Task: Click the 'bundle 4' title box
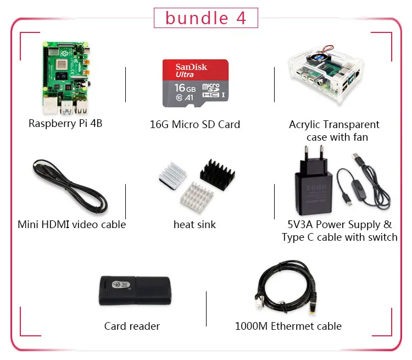205,18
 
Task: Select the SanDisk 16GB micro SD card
194,83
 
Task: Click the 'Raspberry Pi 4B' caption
65,123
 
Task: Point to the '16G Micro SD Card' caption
195,124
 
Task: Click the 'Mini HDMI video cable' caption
71,224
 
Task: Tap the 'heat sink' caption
194,224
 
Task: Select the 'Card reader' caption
132,326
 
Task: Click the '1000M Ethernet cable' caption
288,326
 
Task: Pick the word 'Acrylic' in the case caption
304,125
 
